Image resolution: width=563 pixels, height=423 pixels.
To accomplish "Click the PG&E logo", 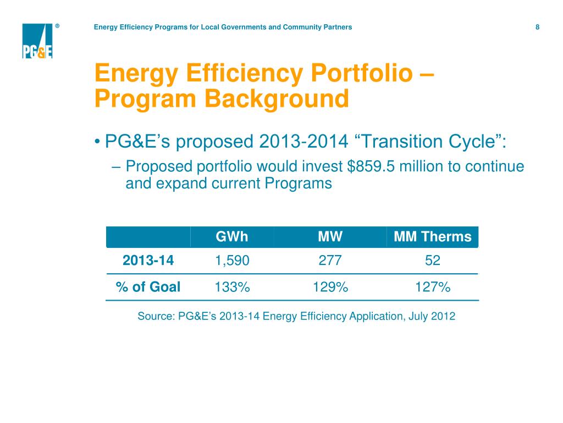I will tap(37, 41).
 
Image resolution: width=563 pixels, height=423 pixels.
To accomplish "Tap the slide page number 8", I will tap(537, 27).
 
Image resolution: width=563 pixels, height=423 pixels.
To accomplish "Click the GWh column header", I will tap(231, 237).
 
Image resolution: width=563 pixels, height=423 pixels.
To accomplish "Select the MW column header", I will tap(330, 237).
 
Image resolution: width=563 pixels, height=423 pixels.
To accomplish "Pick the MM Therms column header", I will tap(433, 237).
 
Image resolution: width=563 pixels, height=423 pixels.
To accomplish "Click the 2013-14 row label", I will tap(148, 261).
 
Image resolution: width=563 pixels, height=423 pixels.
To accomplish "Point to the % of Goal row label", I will tap(148, 287).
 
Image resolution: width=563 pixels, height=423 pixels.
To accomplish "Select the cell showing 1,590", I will tap(231, 261).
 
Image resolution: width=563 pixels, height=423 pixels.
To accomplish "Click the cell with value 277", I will tap(330, 261).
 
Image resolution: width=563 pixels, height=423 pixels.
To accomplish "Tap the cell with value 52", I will tap(433, 261).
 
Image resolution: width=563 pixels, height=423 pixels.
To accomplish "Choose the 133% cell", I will tap(231, 287).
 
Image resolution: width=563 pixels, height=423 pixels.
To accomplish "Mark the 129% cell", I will tap(330, 287).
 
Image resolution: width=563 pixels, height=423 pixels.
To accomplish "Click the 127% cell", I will tap(433, 287).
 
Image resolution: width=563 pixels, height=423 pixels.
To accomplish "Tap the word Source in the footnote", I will tap(154, 317).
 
